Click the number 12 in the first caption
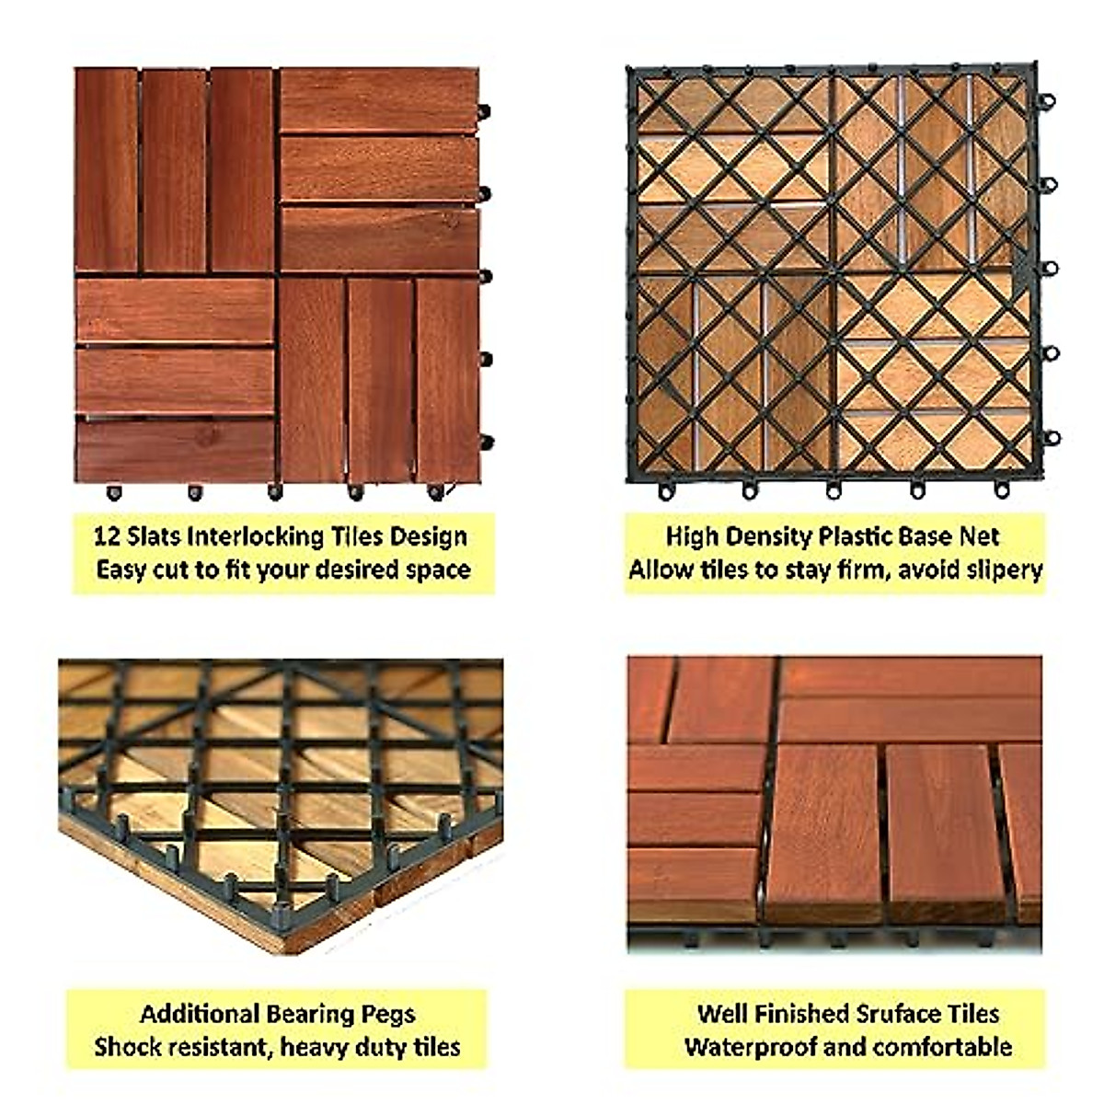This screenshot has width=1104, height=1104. [x=107, y=536]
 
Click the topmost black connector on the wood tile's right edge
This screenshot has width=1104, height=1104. [x=484, y=111]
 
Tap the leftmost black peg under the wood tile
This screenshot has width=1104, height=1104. [x=114, y=493]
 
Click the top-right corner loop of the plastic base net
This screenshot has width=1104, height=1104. [x=1046, y=99]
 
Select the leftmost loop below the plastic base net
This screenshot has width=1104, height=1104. [x=665, y=491]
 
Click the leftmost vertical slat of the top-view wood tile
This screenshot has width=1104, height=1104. [x=107, y=169]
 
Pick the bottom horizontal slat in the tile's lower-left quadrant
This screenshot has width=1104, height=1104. [x=175, y=450]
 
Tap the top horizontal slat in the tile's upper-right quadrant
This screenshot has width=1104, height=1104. [x=379, y=99]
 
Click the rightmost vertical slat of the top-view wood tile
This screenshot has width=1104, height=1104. [x=448, y=379]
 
